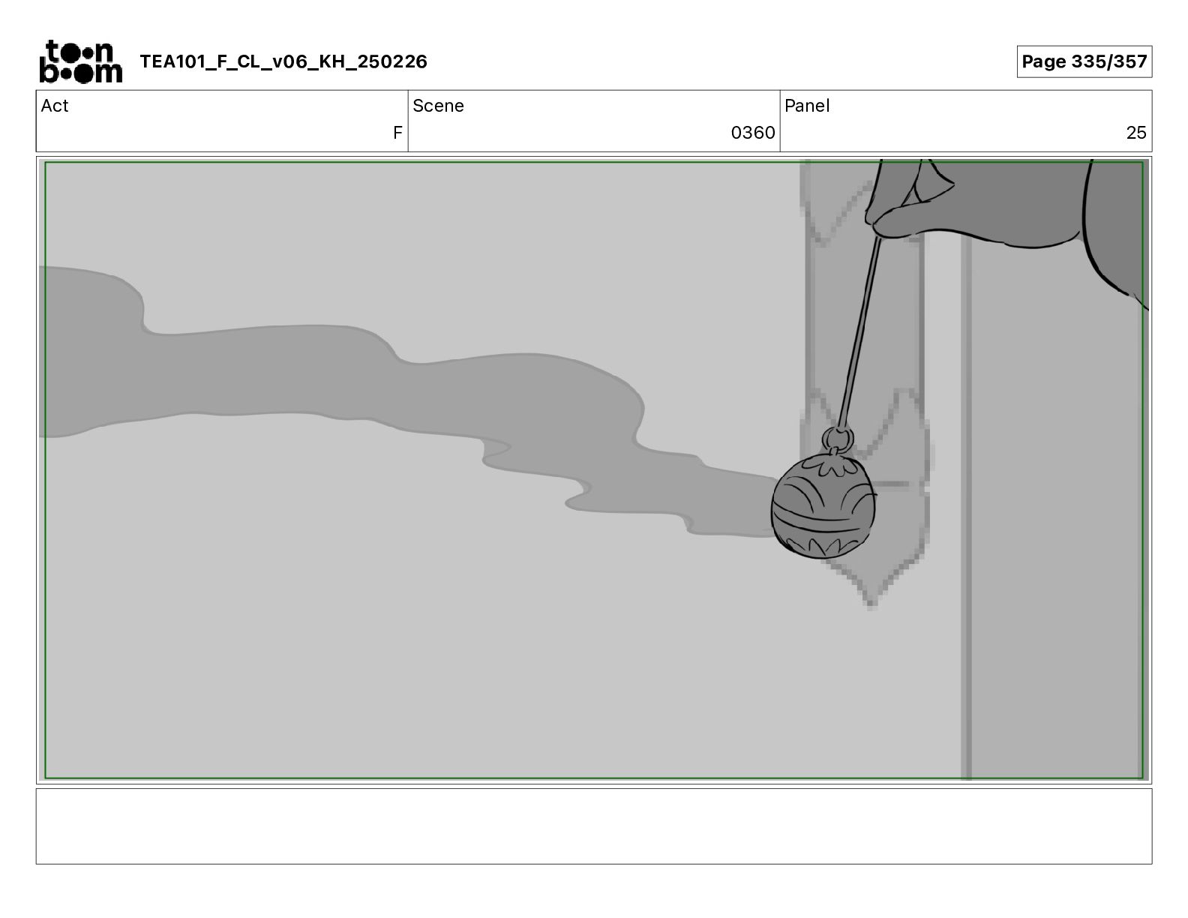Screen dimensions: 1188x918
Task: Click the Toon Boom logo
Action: [81, 61]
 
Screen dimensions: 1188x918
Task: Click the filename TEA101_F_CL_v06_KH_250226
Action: [283, 61]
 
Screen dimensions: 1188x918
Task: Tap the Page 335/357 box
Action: [1084, 61]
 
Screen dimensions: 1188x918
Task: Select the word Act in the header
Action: [55, 106]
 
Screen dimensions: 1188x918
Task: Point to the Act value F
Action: [397, 132]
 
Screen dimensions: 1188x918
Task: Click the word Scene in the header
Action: [438, 106]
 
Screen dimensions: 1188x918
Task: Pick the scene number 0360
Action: [753, 132]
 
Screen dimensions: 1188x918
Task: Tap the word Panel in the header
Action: [807, 106]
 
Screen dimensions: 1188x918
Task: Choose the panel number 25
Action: [1136, 132]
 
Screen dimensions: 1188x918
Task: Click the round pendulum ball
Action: [823, 505]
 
